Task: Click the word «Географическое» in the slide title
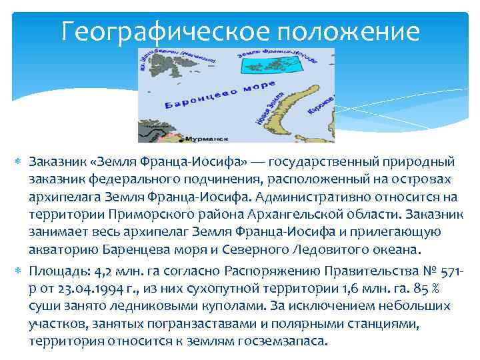(x=157, y=31)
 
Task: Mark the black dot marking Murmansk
(x=181, y=139)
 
